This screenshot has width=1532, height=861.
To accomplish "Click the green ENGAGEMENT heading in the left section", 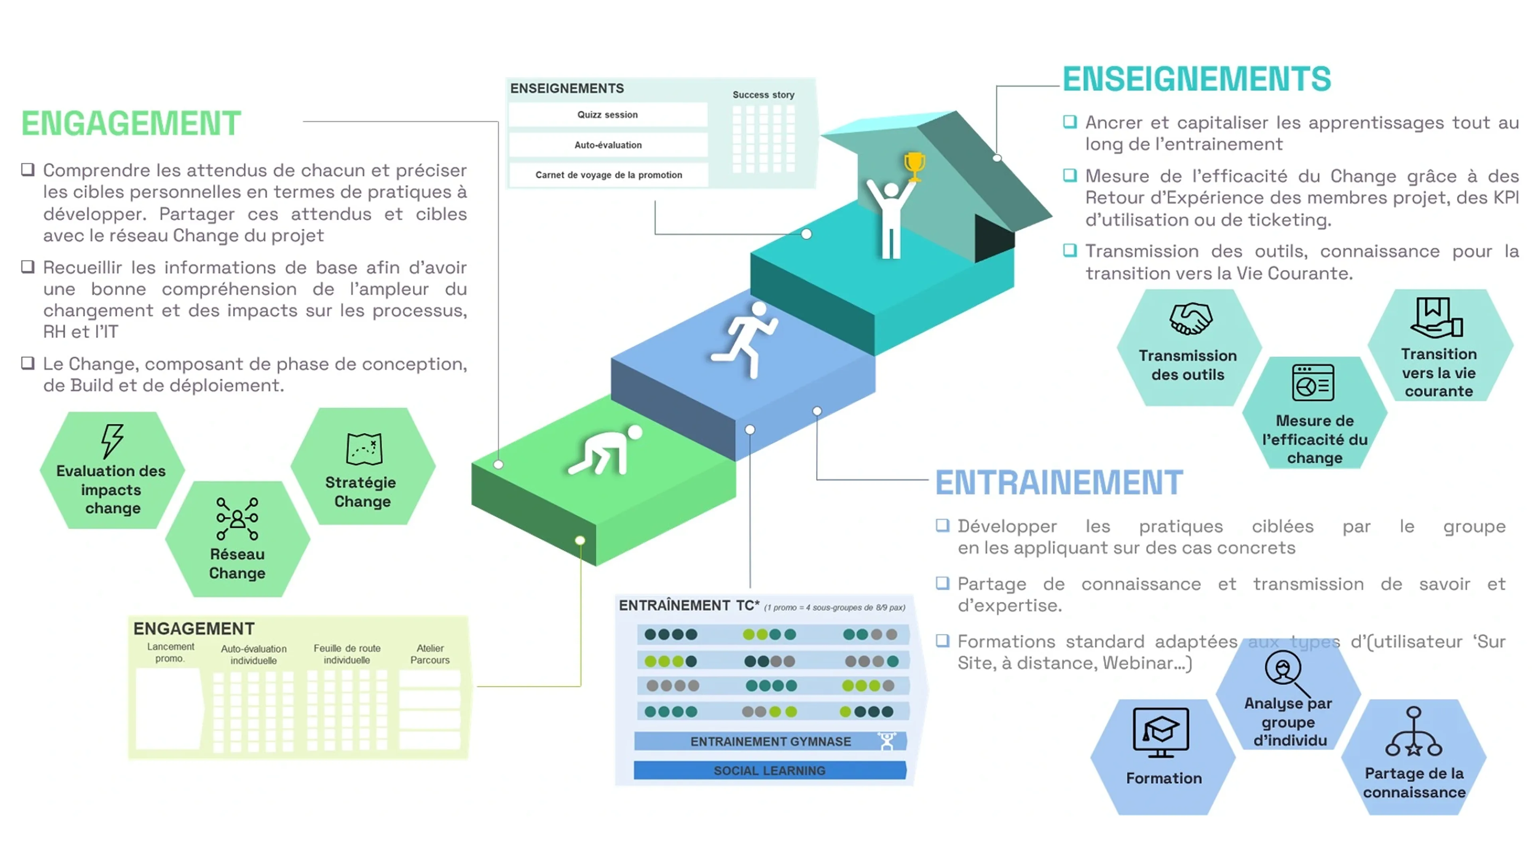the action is tap(131, 124).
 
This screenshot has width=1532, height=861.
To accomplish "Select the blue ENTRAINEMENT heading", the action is tap(1059, 482).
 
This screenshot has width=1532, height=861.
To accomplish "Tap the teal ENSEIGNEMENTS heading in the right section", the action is tap(1196, 79).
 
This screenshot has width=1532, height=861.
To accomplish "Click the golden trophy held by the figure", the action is tap(914, 166).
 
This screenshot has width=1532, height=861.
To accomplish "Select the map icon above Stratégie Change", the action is tap(364, 448).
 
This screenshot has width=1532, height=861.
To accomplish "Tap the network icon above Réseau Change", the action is tap(237, 519).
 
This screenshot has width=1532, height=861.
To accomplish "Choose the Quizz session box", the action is tap(608, 115).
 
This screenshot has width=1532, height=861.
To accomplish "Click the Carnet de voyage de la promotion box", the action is tap(608, 175).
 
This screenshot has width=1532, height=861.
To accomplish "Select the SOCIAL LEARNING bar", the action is tap(770, 771).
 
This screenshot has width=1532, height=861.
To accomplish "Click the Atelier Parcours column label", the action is tap(430, 654).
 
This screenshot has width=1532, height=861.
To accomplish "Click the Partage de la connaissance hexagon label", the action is tap(1414, 782).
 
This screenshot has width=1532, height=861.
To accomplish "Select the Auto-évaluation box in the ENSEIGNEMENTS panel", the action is tap(608, 145).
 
